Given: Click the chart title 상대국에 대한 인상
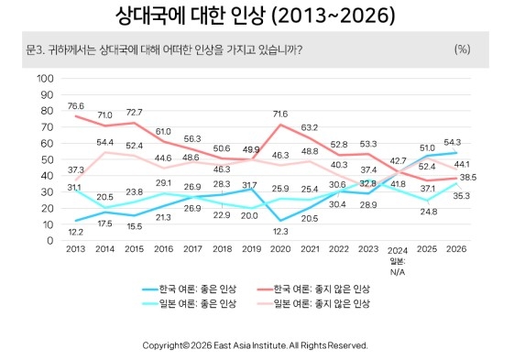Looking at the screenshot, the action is (190, 16).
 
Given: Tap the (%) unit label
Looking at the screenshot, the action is (462, 49).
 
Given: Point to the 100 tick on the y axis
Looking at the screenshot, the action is (45, 79).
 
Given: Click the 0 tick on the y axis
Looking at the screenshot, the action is (49, 241).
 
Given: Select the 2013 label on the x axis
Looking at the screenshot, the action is (75, 249).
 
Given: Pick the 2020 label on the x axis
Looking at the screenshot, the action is (280, 249).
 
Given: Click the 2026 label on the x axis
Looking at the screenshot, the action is (456, 249).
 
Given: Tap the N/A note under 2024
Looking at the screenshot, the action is (398, 272).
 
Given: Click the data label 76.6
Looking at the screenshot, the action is (76, 106).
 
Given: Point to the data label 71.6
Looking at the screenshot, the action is (280, 115).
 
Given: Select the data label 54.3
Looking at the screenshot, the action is (453, 142).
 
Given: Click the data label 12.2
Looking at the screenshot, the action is (76, 232).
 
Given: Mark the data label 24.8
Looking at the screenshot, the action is (429, 212).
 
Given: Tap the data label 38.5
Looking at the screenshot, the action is (468, 178).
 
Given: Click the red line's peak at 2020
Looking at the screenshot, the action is (280, 125).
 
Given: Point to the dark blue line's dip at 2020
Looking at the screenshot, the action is (280, 221).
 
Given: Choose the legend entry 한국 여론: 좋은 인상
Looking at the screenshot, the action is (189, 289).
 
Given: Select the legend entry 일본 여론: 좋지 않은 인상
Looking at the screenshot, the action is (313, 303).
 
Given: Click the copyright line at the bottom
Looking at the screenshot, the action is (255, 345).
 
